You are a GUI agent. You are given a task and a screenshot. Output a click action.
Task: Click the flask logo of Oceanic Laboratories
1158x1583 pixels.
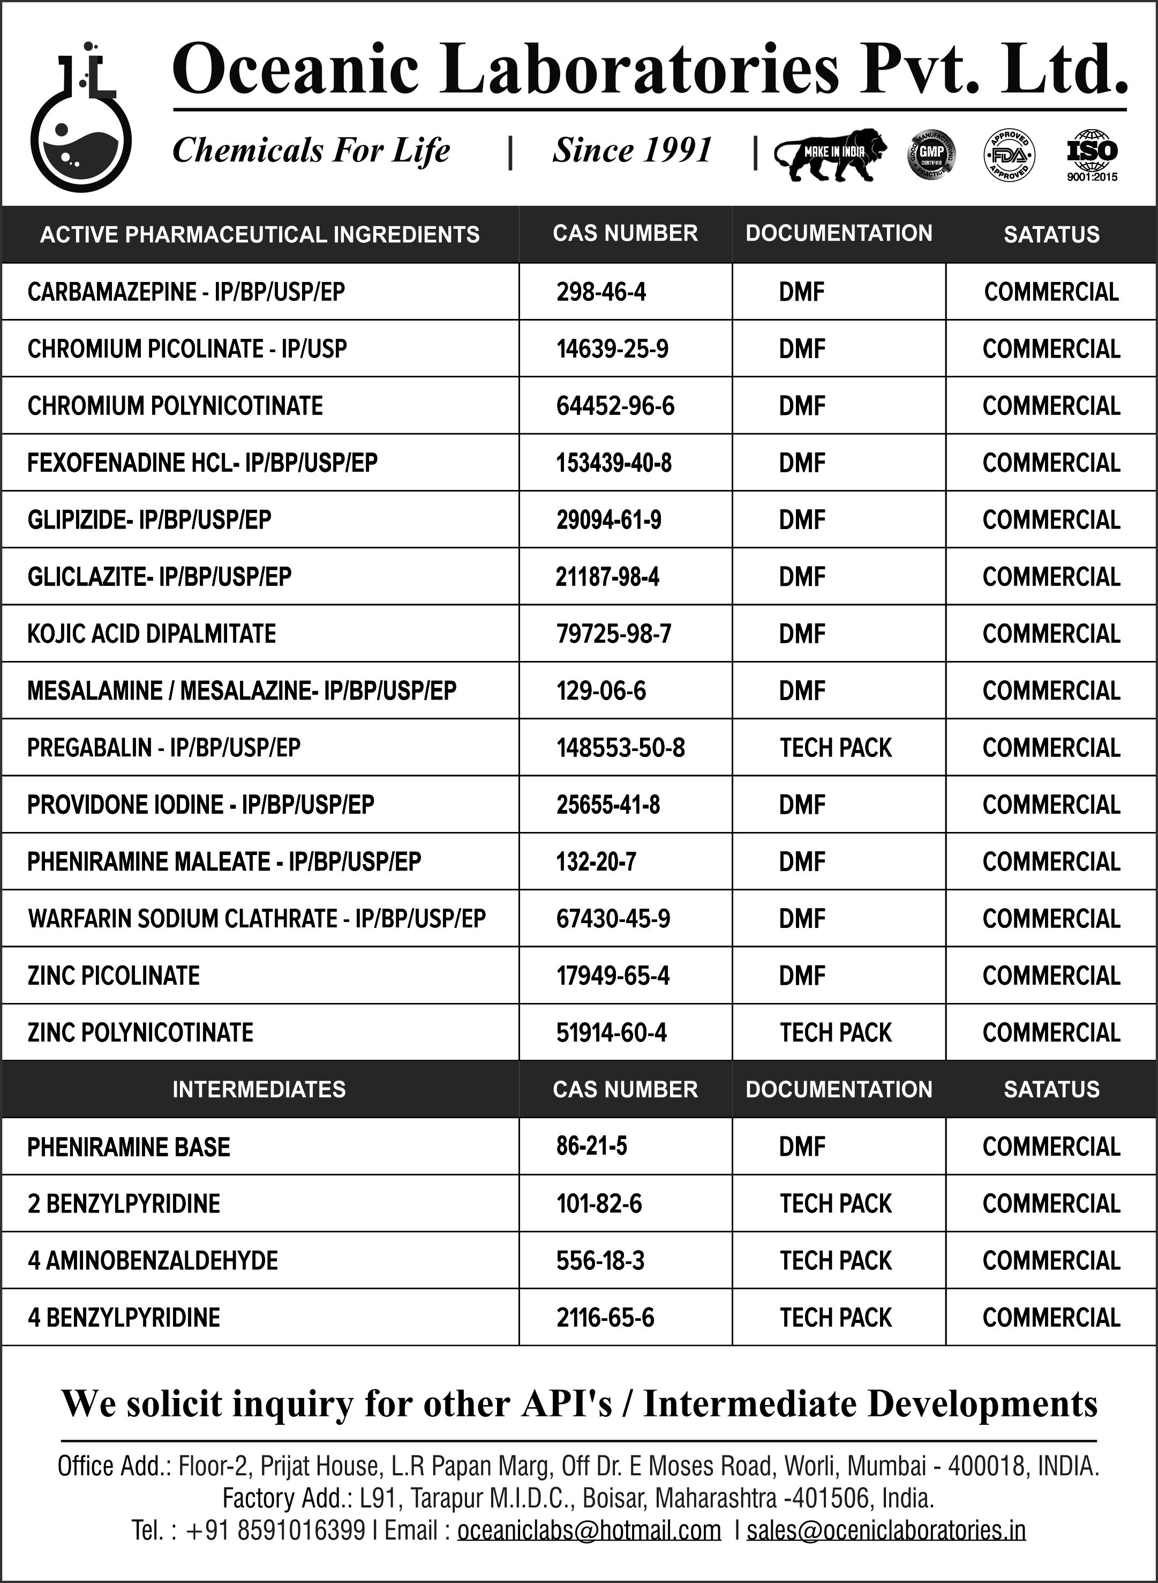[81, 119]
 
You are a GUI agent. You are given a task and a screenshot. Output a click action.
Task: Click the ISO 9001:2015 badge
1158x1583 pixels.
[1092, 155]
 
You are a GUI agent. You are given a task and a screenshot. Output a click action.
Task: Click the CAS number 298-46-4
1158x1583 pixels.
[601, 292]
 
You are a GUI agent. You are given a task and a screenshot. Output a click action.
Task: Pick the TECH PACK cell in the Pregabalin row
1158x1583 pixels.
[836, 748]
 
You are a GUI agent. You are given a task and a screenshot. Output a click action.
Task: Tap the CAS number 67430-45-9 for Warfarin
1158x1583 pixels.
[613, 919]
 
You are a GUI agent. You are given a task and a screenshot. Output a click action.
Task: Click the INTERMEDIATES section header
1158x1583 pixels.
[259, 1089]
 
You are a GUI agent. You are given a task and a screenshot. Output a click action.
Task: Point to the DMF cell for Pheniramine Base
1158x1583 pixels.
[802, 1147]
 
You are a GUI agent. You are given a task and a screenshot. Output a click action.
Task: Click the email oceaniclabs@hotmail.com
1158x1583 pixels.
[589, 1530]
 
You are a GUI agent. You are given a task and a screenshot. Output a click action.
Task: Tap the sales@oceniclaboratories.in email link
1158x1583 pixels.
[886, 1530]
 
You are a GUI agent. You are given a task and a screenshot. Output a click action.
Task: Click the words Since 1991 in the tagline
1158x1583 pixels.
[632, 150]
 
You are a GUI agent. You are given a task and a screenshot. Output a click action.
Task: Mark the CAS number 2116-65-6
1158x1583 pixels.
[605, 1318]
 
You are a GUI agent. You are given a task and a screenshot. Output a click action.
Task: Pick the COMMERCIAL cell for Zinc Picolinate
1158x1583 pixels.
[1051, 976]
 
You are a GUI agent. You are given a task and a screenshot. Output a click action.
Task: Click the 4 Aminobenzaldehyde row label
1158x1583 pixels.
[153, 1261]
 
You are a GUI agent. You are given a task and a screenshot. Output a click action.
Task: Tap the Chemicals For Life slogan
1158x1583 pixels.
[311, 150]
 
